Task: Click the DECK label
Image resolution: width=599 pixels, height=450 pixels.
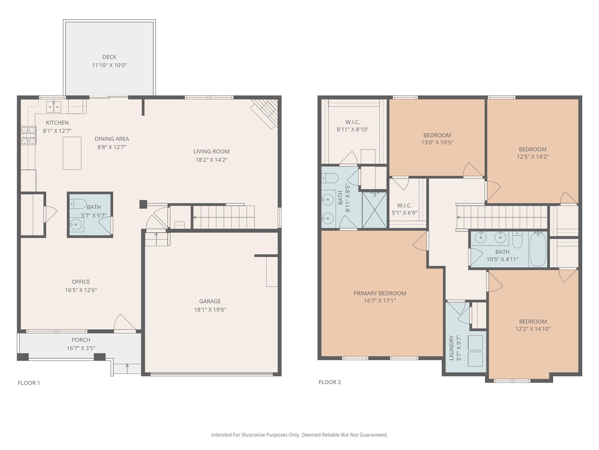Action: tap(109, 57)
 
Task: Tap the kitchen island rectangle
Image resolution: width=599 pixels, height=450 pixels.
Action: tap(72, 153)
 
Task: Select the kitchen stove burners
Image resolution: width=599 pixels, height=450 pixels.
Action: tap(29, 135)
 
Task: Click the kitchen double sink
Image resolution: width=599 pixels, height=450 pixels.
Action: tap(54, 107)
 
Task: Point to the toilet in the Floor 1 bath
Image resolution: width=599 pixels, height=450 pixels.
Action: tap(78, 204)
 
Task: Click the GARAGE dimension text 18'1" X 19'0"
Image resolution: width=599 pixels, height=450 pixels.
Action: tap(210, 310)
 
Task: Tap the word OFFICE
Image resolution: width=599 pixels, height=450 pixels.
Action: tap(81, 282)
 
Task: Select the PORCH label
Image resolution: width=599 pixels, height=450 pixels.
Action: tap(81, 340)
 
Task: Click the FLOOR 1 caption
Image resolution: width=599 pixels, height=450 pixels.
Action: tap(29, 383)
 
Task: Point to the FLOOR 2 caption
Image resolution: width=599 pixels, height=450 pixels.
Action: tap(330, 382)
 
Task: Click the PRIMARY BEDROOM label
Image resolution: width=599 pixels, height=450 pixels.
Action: tap(380, 293)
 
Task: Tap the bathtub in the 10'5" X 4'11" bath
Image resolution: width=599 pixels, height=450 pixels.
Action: tap(538, 249)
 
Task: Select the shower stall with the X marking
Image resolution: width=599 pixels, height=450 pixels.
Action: tap(374, 210)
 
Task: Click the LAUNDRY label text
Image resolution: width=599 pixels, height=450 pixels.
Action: tap(451, 348)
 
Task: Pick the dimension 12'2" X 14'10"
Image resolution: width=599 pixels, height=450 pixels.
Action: tap(533, 329)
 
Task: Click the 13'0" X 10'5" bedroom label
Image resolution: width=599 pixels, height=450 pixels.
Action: tap(437, 139)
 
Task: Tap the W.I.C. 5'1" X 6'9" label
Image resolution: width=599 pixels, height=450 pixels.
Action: tap(405, 209)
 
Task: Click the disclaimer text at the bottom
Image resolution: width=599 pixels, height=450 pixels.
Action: tap(299, 435)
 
